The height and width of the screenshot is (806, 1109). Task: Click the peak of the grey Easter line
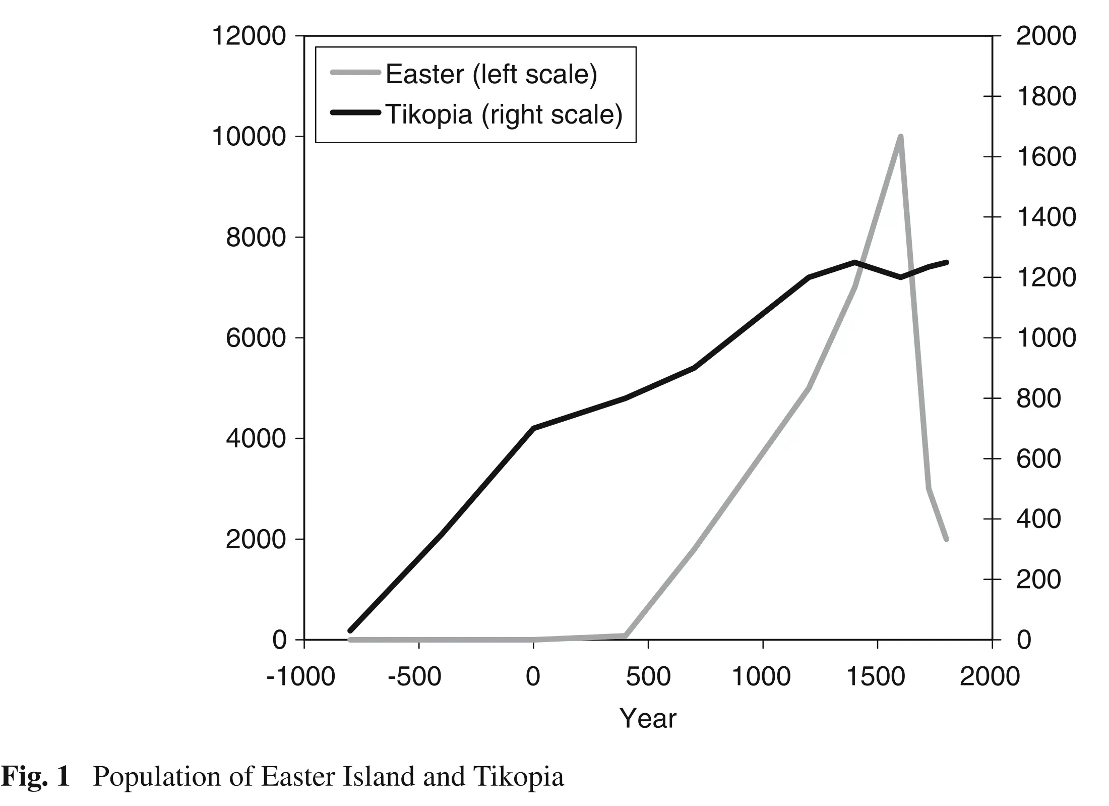(900, 137)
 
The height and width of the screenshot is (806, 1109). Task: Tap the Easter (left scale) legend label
(491, 75)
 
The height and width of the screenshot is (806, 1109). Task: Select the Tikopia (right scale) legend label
(504, 114)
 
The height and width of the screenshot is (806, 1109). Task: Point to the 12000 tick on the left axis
(249, 36)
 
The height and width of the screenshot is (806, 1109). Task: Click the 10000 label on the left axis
(249, 137)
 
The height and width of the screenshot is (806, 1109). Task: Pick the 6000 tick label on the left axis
(256, 338)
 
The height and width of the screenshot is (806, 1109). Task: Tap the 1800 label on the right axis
(1046, 96)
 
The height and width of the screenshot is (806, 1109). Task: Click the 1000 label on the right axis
(1046, 338)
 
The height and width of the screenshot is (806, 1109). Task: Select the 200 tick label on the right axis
(1038, 580)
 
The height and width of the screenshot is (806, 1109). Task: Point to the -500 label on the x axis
(414, 677)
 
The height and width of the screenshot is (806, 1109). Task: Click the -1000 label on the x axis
(300, 677)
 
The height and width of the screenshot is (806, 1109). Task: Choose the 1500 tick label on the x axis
(876, 677)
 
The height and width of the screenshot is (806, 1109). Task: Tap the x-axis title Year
(648, 719)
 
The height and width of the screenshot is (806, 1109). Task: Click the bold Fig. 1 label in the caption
(35, 777)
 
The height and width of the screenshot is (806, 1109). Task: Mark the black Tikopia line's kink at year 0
(533, 428)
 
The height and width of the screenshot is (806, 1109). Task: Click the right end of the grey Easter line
(946, 539)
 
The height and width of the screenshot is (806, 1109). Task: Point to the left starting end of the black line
(350, 630)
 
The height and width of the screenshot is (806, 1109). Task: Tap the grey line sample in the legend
(355, 73)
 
